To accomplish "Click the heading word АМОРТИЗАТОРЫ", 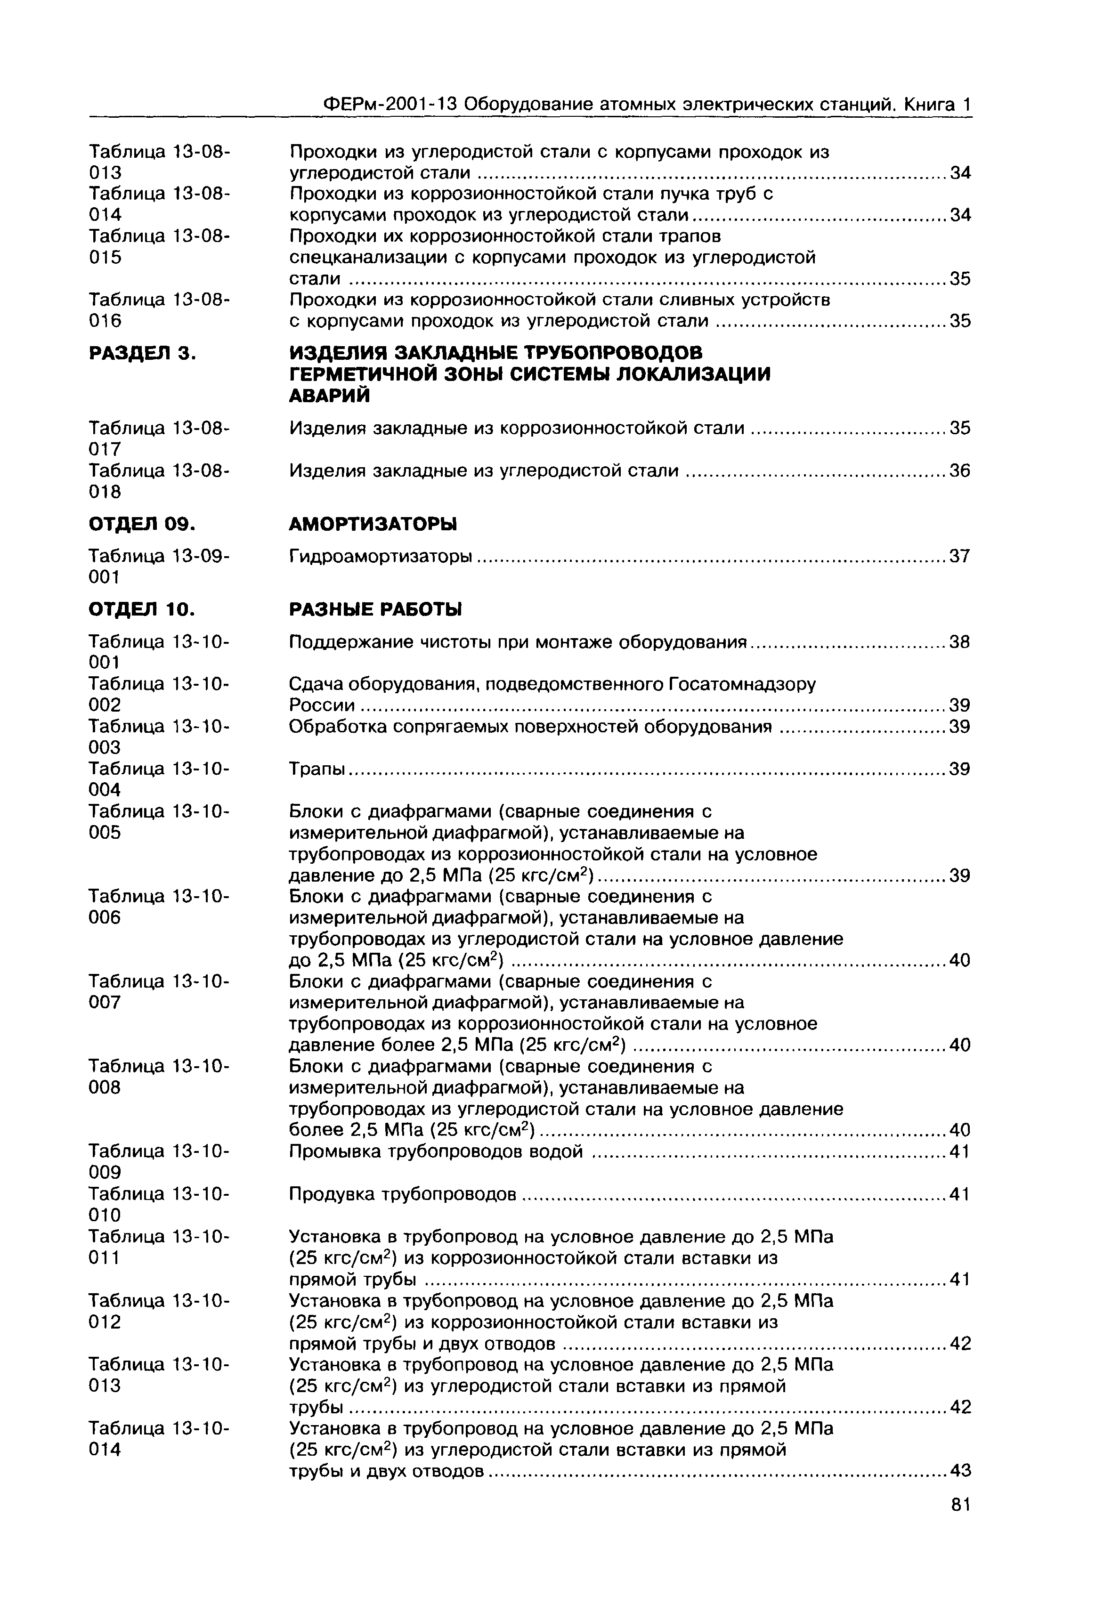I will [x=373, y=524].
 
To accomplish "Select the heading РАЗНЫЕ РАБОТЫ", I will [x=375, y=610].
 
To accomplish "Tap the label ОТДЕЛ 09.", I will [x=141, y=524].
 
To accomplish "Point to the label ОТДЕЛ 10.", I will [x=141, y=610].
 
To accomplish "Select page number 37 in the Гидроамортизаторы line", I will [x=960, y=557].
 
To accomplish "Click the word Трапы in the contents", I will [x=317, y=769].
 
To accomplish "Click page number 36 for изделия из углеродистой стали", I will [x=960, y=472].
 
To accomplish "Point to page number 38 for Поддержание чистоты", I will [x=960, y=642].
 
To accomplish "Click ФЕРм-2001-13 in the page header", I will [x=390, y=105].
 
